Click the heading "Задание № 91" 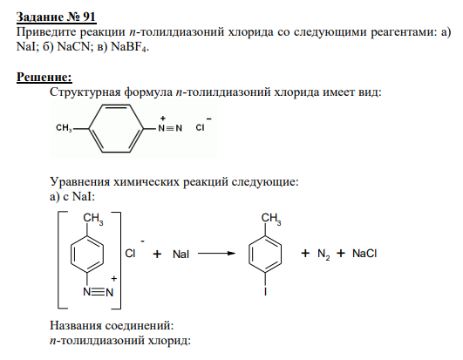[x=56, y=17]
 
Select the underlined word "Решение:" [x=44, y=77]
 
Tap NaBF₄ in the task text [x=130, y=47]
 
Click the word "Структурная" [x=85, y=92]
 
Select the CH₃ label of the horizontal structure [x=64, y=128]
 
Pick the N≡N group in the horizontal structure [x=170, y=128]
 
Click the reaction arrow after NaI [x=216, y=253]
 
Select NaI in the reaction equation [x=180, y=254]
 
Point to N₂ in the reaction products [x=323, y=254]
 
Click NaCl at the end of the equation [x=364, y=254]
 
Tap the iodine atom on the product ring [x=265, y=292]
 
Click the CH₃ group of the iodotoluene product [x=271, y=220]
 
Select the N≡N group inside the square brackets [x=99, y=292]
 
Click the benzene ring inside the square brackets [x=87, y=254]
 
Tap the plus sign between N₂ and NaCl [x=341, y=253]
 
